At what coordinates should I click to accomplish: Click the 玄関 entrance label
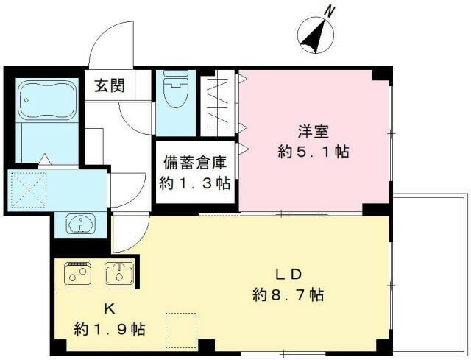[110, 85]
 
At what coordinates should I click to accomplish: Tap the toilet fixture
[176, 89]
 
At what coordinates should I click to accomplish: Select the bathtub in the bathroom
[47, 100]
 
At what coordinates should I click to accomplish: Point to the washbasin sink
[81, 223]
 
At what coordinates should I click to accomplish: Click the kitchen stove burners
[78, 273]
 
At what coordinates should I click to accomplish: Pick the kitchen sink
[119, 273]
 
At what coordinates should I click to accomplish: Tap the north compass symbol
[316, 35]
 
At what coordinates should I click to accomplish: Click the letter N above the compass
[330, 11]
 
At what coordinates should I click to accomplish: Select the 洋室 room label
[314, 131]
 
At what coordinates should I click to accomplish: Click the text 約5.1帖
[314, 152]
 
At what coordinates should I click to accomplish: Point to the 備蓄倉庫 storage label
[195, 163]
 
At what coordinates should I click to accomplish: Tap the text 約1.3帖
[195, 183]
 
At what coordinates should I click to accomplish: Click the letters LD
[288, 275]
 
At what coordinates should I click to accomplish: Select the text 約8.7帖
[288, 294]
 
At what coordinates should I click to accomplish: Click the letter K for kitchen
[110, 309]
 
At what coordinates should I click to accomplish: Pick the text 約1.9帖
[110, 329]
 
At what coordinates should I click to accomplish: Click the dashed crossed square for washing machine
[29, 190]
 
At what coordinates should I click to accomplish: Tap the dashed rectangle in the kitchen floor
[181, 331]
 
